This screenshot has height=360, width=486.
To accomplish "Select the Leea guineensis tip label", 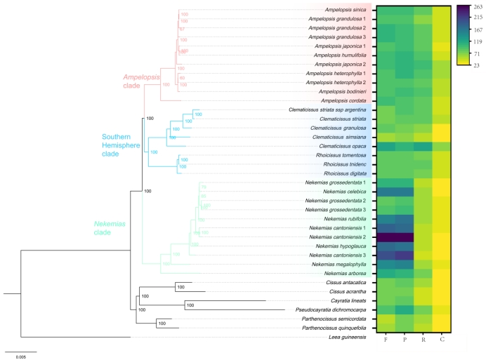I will click(349, 338).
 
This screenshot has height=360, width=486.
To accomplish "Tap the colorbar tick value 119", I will click(478, 41).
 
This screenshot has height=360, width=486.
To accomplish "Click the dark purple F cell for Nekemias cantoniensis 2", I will click(386, 237).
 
